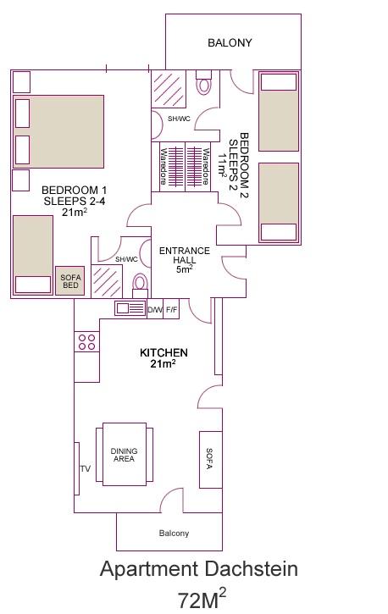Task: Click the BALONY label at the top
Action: point(230,42)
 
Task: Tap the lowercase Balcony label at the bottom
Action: point(174,533)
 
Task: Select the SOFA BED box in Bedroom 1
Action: point(70,281)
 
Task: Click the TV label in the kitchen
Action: point(86,468)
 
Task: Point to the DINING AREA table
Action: point(125,454)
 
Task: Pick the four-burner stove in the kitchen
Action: point(87,341)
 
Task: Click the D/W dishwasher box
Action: point(155,310)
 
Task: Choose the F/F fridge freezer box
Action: point(171,310)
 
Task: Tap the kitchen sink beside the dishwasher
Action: point(130,308)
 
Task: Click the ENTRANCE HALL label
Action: point(185,255)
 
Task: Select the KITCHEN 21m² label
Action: point(164,358)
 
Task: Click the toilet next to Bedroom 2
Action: point(203,83)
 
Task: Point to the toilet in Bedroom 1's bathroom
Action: point(140,285)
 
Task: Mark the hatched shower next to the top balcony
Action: point(169,89)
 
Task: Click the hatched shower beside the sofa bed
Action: point(107,281)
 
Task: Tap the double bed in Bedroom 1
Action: point(58,131)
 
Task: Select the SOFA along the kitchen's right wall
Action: point(211,459)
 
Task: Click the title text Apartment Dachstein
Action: point(199,568)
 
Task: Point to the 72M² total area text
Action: point(202,599)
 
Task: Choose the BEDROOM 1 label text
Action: point(74,191)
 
